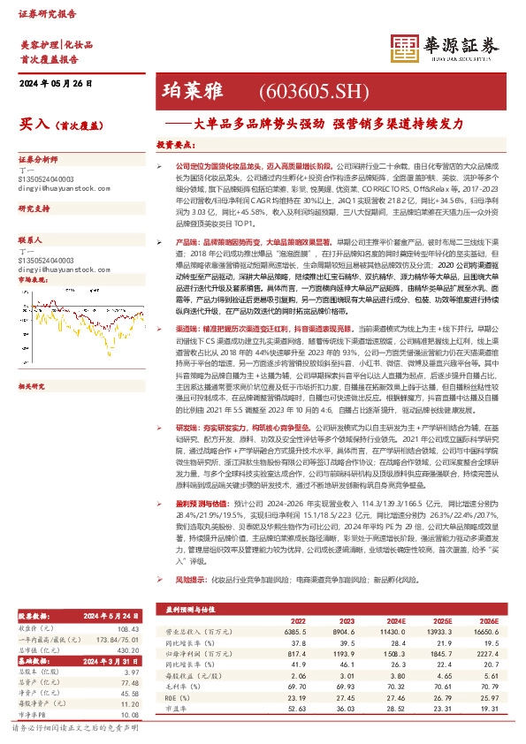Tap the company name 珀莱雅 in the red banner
pyautogui.click(x=194, y=91)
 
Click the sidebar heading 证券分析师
pyautogui.click(x=38, y=159)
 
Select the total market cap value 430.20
pyautogui.click(x=129, y=649)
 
